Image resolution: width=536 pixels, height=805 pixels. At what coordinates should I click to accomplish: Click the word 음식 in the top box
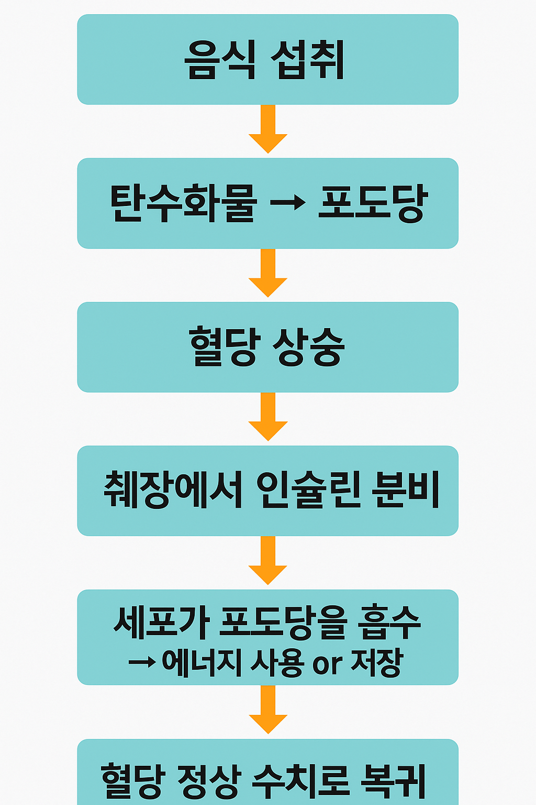click(x=220, y=60)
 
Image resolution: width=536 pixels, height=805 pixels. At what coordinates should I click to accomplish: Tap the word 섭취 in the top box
click(x=308, y=60)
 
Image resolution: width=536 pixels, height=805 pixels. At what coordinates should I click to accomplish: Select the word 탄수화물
click(x=183, y=203)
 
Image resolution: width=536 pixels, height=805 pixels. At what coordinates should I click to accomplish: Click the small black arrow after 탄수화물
click(x=287, y=202)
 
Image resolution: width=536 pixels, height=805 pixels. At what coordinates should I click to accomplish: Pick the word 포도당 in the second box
click(x=373, y=203)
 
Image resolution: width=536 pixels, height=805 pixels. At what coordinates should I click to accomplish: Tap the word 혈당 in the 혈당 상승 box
click(x=224, y=347)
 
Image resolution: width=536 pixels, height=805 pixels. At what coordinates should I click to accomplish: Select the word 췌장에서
click(x=173, y=491)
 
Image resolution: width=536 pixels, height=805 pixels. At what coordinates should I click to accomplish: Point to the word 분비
click(x=405, y=491)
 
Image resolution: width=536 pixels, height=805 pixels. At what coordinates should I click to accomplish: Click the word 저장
click(x=376, y=663)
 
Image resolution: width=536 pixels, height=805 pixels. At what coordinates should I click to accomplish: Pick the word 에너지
click(x=202, y=663)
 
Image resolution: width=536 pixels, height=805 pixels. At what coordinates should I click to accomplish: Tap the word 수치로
click(x=300, y=781)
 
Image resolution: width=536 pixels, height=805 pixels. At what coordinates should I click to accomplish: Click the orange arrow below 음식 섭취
click(x=268, y=129)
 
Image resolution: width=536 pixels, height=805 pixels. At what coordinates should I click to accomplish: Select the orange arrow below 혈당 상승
click(x=268, y=417)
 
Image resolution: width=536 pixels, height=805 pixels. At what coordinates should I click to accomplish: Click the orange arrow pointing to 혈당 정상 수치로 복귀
click(x=268, y=710)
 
